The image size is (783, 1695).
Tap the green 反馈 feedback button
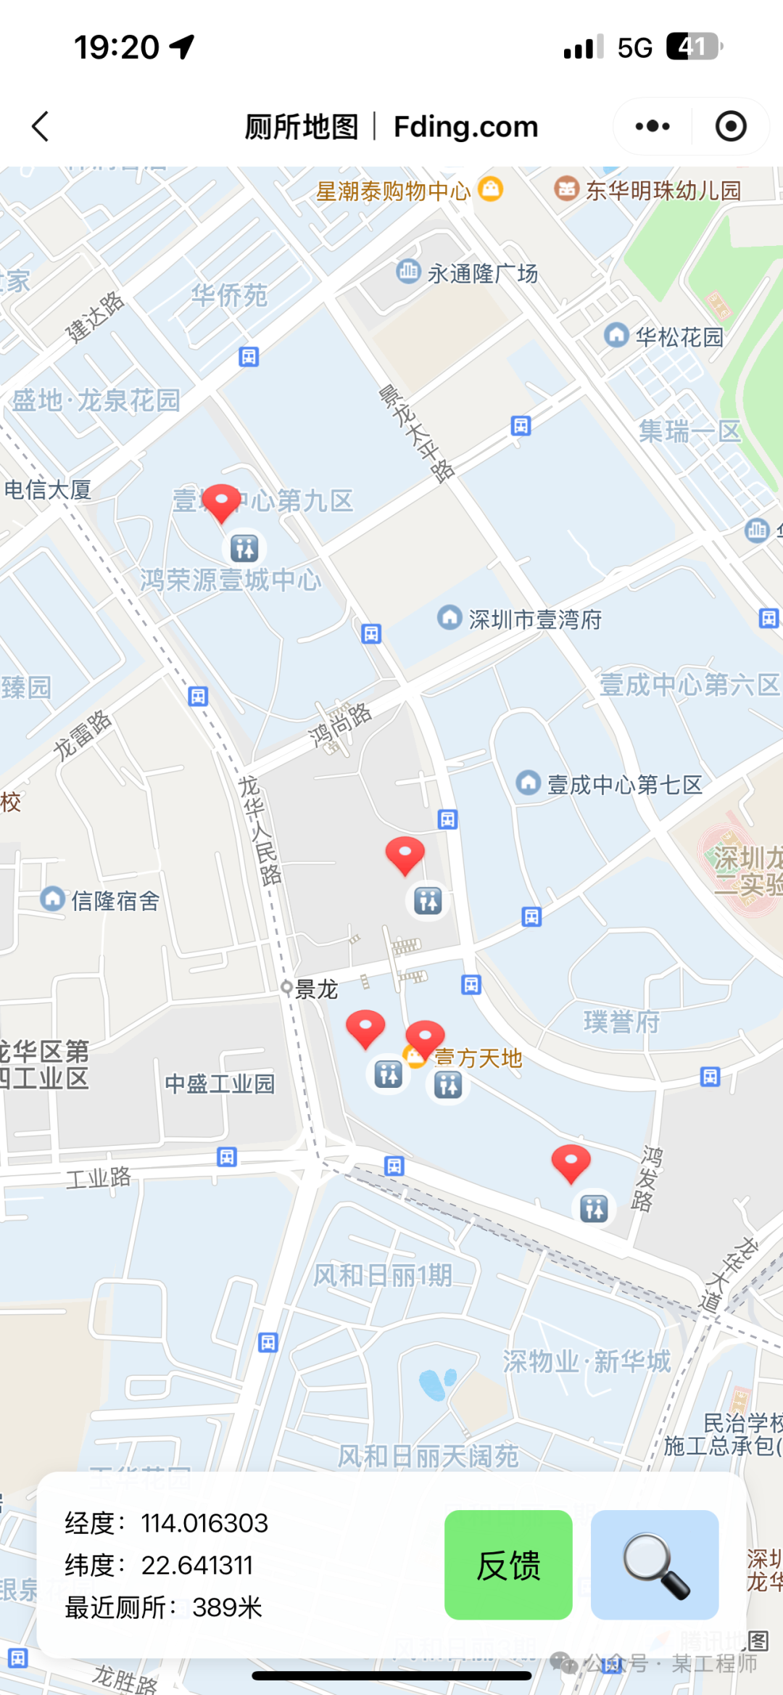(508, 1564)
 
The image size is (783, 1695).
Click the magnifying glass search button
(655, 1564)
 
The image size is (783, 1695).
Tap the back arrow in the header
(41, 126)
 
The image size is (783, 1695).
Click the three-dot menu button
(652, 126)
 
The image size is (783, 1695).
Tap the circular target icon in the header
(730, 126)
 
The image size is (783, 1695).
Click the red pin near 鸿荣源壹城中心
(221, 500)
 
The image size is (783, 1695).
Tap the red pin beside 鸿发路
(571, 1161)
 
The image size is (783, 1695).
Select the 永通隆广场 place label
(482, 273)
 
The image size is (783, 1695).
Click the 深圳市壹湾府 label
(535, 619)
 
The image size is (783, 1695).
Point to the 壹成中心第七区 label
(624, 785)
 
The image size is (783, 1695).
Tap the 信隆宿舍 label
(115, 901)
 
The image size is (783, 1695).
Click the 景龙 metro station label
(316, 989)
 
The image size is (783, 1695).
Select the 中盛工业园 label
(220, 1084)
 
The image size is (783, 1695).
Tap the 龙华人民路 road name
(260, 830)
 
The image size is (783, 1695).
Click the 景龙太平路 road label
(417, 434)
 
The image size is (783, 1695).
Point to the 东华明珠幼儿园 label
(663, 190)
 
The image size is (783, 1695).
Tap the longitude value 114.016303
(204, 1523)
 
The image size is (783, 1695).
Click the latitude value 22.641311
(197, 1565)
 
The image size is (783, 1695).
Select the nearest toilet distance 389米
(227, 1607)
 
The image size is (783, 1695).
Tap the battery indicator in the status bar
(694, 47)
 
